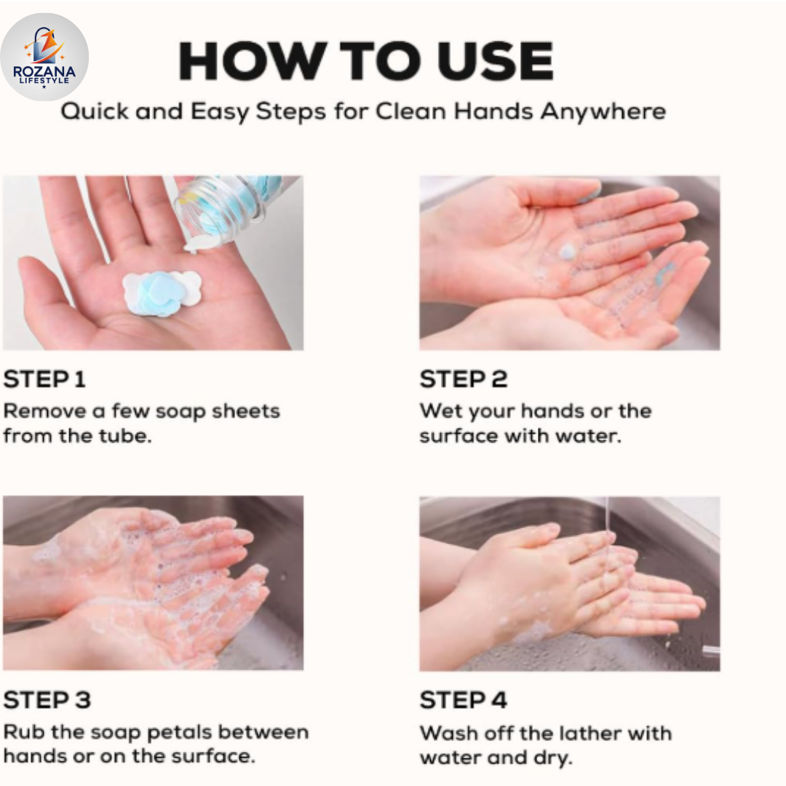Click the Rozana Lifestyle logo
(44, 57)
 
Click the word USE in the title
(496, 61)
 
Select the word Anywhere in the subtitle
(603, 112)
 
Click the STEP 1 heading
(44, 379)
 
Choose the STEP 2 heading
(463, 379)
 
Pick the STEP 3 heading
(47, 700)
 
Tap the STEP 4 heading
(463, 700)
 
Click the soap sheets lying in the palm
(162, 293)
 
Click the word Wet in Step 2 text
(437, 410)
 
